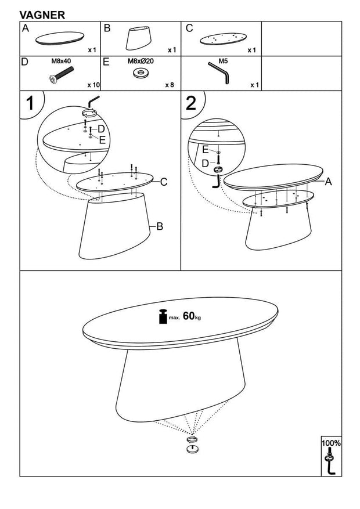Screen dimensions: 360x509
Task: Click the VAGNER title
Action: point(42,15)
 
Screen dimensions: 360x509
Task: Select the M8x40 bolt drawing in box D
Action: point(62,75)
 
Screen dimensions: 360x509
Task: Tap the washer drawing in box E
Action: point(141,73)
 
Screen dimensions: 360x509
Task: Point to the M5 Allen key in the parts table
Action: point(219,73)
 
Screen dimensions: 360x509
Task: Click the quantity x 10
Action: point(93,85)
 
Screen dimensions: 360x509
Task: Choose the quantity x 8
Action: point(170,85)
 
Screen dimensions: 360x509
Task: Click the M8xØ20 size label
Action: point(141,61)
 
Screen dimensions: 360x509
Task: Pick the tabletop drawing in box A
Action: point(60,39)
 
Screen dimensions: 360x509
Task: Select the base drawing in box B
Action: point(141,38)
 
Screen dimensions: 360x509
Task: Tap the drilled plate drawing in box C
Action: point(223,39)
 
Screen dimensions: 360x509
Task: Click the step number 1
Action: point(30,104)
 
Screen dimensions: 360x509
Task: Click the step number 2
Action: point(191,103)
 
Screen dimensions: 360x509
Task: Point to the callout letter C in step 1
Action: point(164,182)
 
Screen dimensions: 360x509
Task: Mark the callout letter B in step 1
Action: point(159,226)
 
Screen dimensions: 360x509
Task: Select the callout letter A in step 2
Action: point(329,182)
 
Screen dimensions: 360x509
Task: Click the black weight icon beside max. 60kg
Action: point(163,316)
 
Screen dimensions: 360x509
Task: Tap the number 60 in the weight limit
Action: point(188,316)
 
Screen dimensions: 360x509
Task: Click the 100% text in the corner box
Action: point(331,443)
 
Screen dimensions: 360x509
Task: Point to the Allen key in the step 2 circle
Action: point(217,181)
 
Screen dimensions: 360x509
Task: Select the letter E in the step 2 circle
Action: point(206,150)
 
